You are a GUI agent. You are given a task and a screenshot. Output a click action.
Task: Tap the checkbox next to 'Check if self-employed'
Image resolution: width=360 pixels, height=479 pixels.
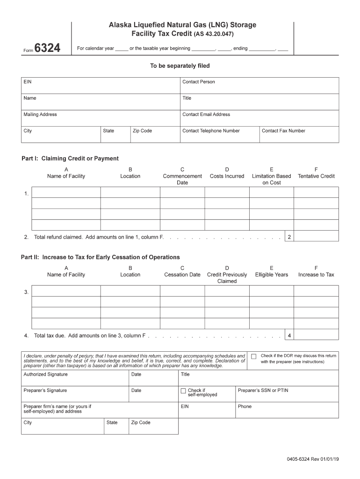183,391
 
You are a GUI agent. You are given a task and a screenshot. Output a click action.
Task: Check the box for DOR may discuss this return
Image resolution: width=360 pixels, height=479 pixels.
253,356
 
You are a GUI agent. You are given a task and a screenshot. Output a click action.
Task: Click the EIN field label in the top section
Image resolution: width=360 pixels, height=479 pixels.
28,82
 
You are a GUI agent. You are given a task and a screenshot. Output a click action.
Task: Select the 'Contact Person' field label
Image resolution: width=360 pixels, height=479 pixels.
199,82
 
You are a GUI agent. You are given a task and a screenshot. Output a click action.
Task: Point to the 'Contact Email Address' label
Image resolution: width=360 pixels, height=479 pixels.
206,114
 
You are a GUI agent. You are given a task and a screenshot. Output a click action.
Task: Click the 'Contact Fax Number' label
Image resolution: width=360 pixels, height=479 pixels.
283,131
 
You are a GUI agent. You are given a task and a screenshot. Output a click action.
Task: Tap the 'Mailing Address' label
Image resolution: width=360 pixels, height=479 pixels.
40,114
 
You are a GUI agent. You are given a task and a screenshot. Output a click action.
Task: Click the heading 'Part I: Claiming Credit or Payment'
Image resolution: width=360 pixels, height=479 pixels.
70,159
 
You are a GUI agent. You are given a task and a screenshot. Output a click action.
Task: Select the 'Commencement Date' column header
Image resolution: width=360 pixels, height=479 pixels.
182,176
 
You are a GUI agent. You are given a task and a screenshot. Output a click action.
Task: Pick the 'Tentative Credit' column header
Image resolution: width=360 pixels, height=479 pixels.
316,176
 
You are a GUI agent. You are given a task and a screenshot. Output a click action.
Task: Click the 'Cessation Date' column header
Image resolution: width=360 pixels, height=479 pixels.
182,275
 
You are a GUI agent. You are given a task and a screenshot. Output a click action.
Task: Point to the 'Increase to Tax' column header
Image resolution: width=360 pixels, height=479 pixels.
316,275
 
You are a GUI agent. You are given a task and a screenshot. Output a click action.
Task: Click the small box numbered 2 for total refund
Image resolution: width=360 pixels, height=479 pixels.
289,237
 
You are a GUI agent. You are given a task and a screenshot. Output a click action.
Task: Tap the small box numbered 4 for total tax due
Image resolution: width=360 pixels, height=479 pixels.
289,335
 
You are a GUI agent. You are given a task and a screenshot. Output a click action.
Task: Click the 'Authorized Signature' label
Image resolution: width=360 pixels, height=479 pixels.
45,374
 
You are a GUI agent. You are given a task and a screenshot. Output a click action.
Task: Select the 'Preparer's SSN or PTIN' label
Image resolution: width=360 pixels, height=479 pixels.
263,390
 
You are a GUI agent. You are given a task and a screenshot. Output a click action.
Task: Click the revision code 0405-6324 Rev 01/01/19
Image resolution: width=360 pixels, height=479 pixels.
313,459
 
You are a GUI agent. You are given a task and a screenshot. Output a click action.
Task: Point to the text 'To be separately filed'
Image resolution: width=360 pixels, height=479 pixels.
180,66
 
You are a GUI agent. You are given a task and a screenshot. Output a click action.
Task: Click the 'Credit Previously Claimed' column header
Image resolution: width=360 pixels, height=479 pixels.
227,278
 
